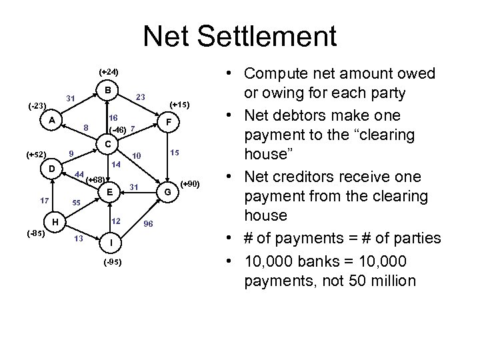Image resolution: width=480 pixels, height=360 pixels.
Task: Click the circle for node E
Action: [x=107, y=192]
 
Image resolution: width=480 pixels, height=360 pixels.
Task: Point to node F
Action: [x=171, y=123]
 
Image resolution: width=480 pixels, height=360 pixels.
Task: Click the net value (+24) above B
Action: [x=108, y=71]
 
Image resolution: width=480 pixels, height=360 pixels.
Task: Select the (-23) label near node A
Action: [x=37, y=105]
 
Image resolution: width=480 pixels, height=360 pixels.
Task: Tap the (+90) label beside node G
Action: [x=191, y=183]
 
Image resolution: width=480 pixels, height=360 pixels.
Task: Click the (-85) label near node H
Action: [x=37, y=234]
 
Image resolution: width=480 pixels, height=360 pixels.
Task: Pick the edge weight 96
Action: [x=150, y=223]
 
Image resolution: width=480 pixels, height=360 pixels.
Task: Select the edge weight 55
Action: [x=76, y=202]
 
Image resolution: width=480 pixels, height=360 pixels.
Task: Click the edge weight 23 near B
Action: [x=140, y=97]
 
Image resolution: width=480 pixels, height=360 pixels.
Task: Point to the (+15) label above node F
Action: [x=180, y=105]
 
